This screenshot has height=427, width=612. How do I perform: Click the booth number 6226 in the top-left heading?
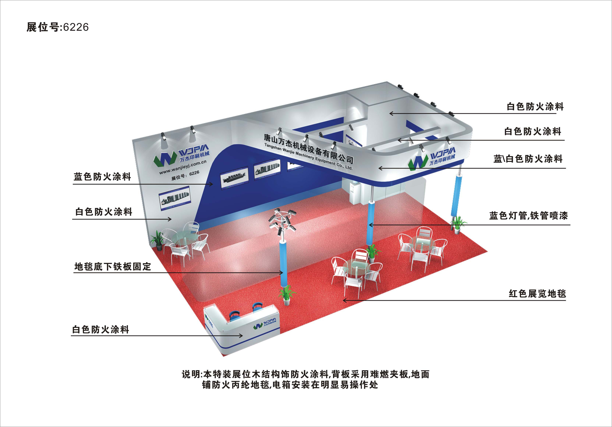click(76, 27)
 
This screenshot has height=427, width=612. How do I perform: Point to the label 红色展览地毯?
click(537, 293)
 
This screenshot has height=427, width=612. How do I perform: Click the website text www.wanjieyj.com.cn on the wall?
click(183, 167)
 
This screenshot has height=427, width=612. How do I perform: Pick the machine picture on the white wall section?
click(175, 199)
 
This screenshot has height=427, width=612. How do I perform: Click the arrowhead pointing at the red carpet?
click(344, 300)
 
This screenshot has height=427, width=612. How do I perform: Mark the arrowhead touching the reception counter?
click(241, 336)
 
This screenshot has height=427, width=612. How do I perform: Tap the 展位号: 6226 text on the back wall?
click(185, 175)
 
